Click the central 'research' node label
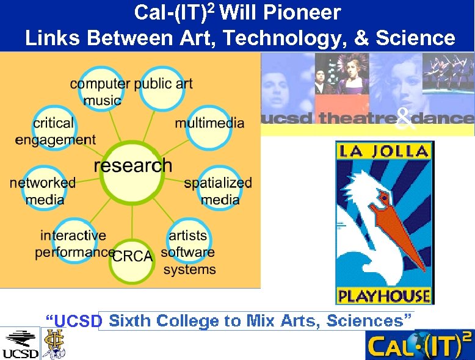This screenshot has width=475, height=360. click(132, 165)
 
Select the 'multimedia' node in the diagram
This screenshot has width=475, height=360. click(209, 123)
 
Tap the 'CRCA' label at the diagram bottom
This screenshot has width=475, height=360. click(132, 256)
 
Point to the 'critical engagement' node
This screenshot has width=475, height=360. click(55, 131)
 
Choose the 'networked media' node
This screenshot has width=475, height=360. click(42, 190)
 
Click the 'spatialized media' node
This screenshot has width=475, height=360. click(218, 190)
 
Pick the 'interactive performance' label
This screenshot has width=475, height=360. click(74, 243)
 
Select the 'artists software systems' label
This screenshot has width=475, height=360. click(189, 252)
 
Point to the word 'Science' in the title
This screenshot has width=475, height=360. click(415, 38)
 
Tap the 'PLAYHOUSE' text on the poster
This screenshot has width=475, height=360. click(384, 297)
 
